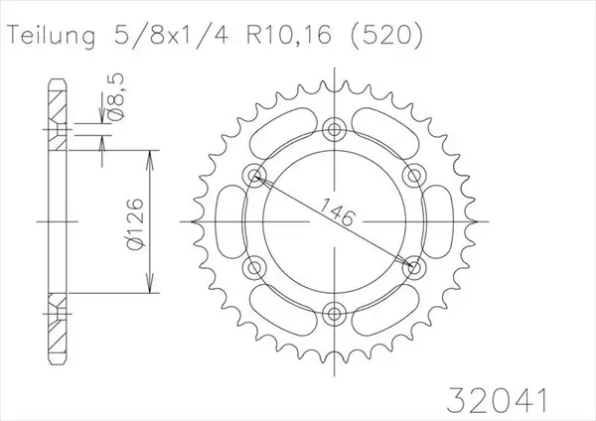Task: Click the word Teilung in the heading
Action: pyautogui.click(x=52, y=36)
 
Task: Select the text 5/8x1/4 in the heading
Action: pyautogui.click(x=169, y=35)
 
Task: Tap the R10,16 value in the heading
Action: pyautogui.click(x=289, y=35)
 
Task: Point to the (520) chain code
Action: pyautogui.click(x=385, y=36)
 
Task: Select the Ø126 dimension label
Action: pyautogui.click(x=134, y=224)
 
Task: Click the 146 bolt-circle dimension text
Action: pyautogui.click(x=337, y=211)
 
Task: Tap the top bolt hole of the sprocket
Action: pyautogui.click(x=334, y=129)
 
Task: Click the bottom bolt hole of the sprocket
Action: pyautogui.click(x=334, y=314)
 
